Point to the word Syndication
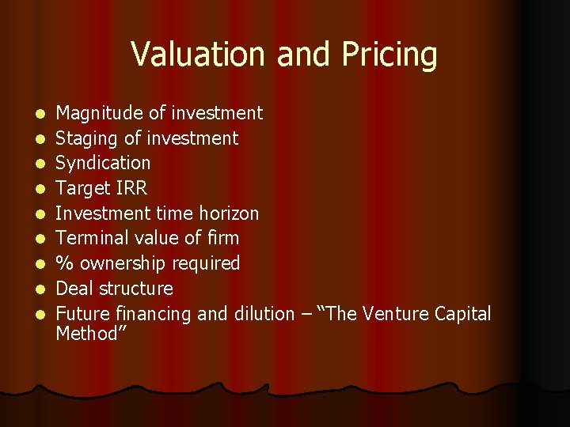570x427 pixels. (103, 164)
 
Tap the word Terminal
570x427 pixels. (89, 238)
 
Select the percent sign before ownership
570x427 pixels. (63, 263)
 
